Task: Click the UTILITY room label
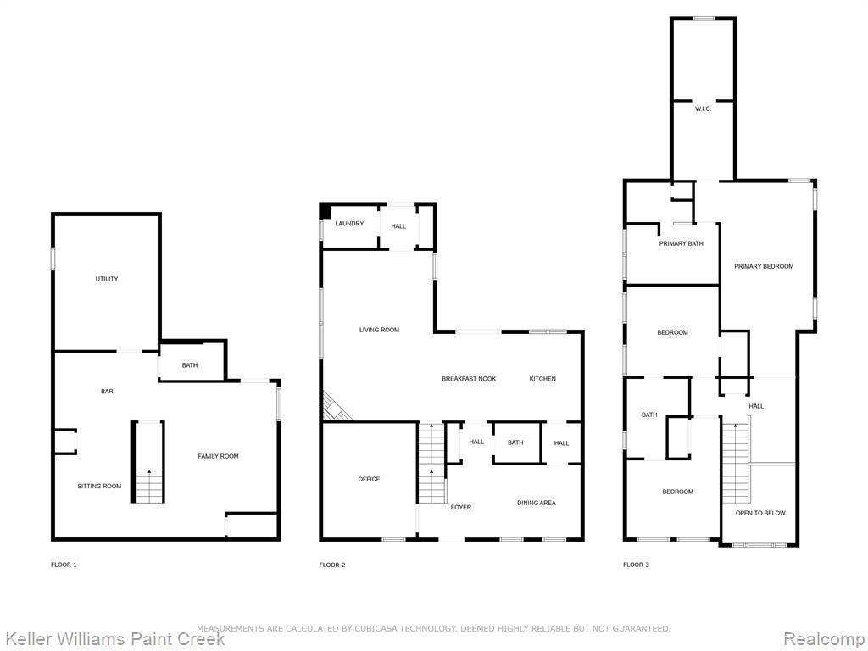coord(107,279)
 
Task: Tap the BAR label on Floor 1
coord(107,392)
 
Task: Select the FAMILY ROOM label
coord(218,456)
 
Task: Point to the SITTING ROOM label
coord(99,486)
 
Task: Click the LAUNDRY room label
coord(349,224)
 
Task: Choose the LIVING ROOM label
coord(379,330)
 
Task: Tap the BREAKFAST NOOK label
coord(469,379)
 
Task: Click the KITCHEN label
coord(542,379)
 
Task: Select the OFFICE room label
coord(370,480)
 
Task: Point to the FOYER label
coord(461,507)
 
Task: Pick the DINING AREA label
coord(537,503)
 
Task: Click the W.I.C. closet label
coord(703,109)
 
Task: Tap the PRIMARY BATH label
coord(681,243)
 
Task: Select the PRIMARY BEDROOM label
coord(764,266)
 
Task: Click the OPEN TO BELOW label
coord(760,513)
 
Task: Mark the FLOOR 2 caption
coord(332,565)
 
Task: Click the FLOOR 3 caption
coord(636,565)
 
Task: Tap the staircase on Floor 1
coord(147,462)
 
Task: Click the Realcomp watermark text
coord(823,639)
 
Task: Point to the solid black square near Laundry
coord(325,211)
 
